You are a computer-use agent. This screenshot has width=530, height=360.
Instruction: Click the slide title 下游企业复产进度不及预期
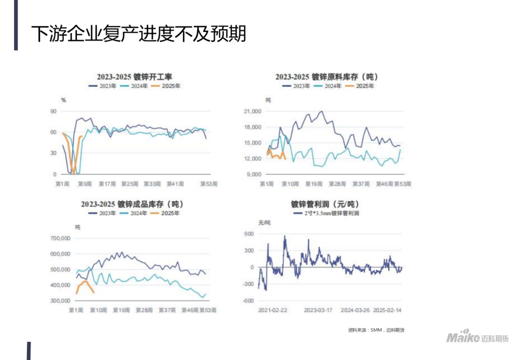click(x=139, y=33)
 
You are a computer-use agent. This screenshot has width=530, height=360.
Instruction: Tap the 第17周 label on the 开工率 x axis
click(x=107, y=184)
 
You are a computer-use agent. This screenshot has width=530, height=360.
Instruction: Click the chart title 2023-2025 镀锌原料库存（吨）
click(x=327, y=77)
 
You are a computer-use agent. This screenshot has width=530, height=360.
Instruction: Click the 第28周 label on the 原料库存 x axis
click(x=338, y=184)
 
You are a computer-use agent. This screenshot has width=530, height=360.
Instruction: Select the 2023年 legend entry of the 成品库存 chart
click(x=103, y=213)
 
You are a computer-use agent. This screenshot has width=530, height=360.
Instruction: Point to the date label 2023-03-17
click(x=318, y=310)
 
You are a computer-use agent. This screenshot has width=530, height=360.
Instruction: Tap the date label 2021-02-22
click(x=273, y=310)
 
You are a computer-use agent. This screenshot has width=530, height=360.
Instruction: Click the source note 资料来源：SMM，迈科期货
click(x=375, y=330)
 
